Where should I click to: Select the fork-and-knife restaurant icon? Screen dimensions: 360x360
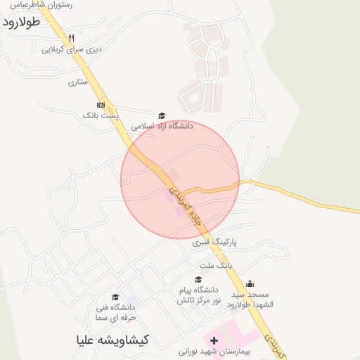[x=70, y=37]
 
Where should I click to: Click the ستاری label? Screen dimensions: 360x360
[x=78, y=82]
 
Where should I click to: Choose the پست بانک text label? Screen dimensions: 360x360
[x=101, y=114]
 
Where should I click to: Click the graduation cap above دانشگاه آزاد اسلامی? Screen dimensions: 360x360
[x=162, y=116]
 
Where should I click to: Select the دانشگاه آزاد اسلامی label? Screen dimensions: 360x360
[x=162, y=127]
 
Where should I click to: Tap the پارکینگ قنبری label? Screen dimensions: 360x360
[x=214, y=242]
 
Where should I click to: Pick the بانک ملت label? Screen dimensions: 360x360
[x=215, y=265]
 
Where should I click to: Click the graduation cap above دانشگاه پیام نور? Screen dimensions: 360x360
[x=198, y=279]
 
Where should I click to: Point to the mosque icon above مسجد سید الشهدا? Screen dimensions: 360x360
[x=250, y=283]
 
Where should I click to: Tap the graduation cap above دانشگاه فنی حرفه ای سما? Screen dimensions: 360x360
[x=115, y=297]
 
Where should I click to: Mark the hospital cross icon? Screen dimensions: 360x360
[x=214, y=340]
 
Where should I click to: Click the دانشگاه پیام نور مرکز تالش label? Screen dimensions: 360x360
[x=199, y=295]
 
